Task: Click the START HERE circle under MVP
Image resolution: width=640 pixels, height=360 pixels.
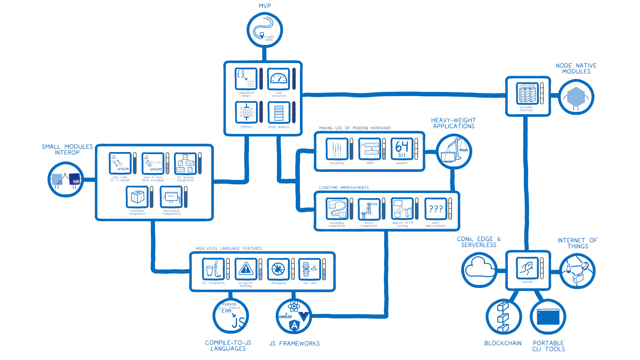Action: [265, 30]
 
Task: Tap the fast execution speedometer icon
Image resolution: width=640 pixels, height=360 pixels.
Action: [278, 79]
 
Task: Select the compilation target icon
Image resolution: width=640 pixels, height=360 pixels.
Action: [246, 79]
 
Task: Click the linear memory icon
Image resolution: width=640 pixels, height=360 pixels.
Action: [279, 112]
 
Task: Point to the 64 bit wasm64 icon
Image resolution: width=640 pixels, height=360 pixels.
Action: [402, 149]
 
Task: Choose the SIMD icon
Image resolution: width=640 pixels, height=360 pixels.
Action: [369, 149]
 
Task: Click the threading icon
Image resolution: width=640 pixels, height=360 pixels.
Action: [337, 149]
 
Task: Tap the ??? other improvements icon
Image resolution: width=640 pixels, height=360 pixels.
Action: [436, 209]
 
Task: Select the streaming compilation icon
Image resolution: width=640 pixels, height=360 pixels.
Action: [337, 209]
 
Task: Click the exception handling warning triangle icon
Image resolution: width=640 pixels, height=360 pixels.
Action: [246, 269]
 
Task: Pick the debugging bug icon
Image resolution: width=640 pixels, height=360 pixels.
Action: [278, 269]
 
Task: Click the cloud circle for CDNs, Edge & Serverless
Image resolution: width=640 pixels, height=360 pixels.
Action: [479, 270]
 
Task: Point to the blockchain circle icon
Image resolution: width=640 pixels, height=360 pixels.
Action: [503, 317]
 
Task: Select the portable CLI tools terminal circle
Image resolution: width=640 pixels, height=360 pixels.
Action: [548, 317]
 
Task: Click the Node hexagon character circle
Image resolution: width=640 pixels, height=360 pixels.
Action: [576, 97]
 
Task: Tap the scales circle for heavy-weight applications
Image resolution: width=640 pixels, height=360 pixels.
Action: [454, 152]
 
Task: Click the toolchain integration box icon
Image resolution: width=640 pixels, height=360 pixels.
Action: [137, 197]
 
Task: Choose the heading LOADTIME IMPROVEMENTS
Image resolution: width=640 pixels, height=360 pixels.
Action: [344, 188]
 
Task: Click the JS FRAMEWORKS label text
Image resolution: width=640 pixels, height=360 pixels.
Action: [294, 344]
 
